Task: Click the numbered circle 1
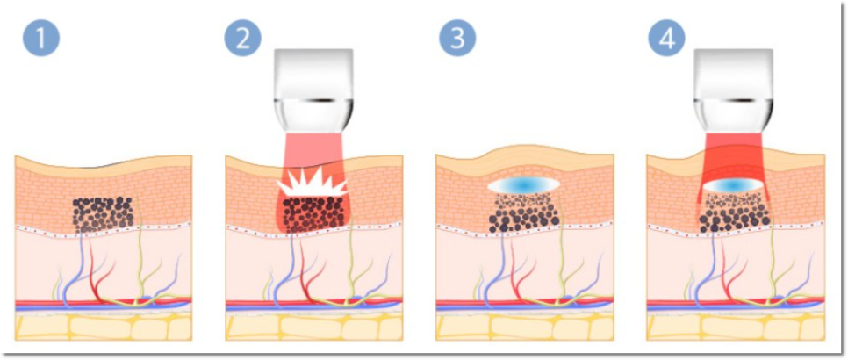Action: tap(40, 38)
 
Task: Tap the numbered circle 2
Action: tap(243, 38)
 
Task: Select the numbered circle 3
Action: tap(457, 38)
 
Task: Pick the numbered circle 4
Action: tap(666, 38)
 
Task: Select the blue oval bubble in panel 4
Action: tap(734, 186)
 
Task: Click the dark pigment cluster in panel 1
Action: tap(103, 214)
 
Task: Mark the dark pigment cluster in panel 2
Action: tap(313, 214)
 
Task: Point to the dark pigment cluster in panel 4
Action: tap(734, 213)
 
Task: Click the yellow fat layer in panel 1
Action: tap(104, 328)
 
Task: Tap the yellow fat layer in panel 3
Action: tap(524, 328)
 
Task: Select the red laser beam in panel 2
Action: tap(313, 184)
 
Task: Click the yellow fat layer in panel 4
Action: tap(736, 328)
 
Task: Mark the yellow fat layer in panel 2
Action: tap(313, 328)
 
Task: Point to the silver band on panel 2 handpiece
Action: tap(313, 101)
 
